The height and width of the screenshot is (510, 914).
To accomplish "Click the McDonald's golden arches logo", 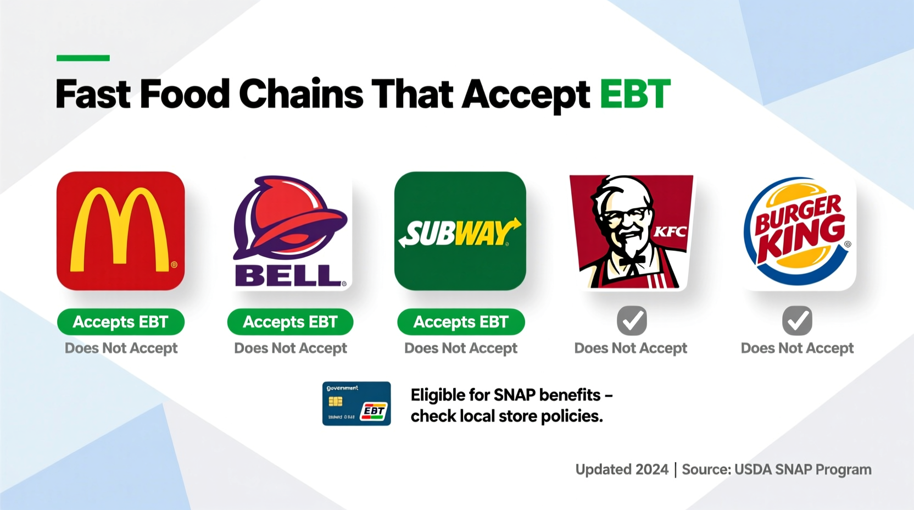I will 120,231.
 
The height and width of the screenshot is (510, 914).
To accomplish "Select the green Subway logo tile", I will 460,231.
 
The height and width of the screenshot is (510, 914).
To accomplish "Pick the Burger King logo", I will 799,231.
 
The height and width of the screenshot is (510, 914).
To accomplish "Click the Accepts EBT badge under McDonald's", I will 120,321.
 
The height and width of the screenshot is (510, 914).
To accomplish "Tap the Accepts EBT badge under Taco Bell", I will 290,321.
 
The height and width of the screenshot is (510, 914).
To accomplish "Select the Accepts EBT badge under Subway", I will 461,321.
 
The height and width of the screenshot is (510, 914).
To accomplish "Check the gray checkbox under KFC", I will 632,321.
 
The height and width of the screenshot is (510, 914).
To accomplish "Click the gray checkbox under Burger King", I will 797,321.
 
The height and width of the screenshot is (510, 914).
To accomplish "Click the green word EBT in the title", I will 635,94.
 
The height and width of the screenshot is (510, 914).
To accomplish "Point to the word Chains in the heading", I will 301,94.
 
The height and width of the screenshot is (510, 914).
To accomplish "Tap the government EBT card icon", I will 356,403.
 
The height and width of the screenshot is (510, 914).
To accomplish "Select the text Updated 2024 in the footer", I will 622,469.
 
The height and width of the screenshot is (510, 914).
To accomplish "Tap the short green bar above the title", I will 83,58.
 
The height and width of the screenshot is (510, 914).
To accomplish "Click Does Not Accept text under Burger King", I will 797,348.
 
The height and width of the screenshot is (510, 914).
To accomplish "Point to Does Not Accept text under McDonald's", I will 121,348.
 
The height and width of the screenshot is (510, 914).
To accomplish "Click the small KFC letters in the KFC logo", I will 670,231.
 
